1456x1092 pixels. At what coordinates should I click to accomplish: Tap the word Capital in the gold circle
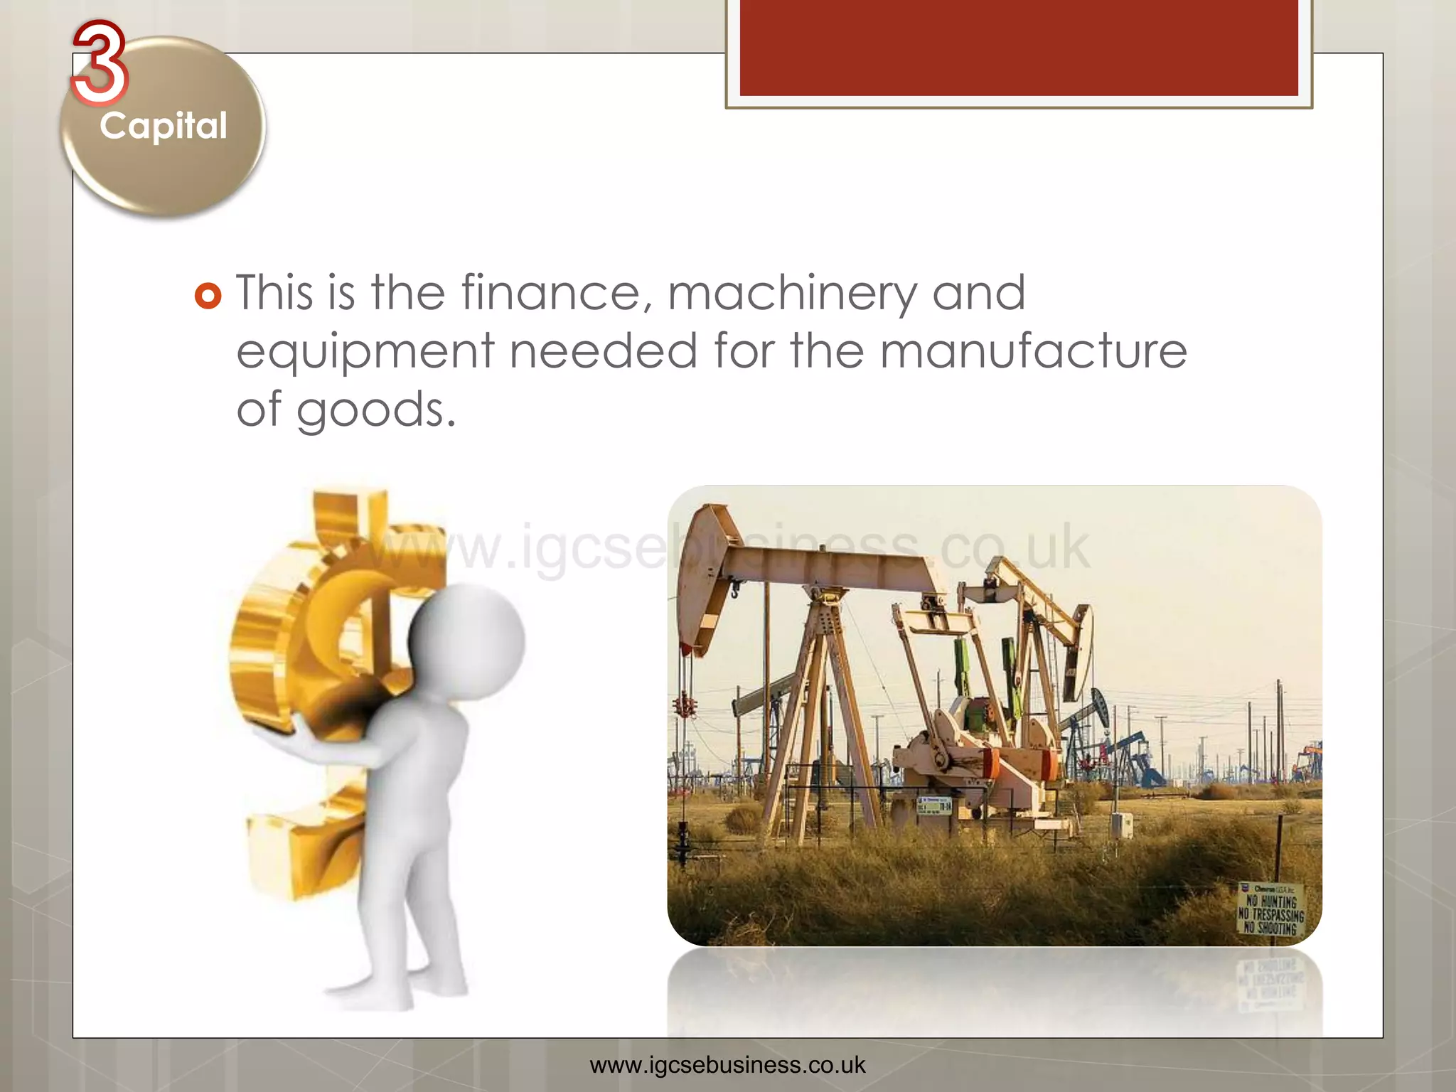(x=164, y=127)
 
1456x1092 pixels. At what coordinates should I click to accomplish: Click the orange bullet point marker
(x=208, y=295)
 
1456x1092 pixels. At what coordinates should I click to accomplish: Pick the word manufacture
(x=1033, y=351)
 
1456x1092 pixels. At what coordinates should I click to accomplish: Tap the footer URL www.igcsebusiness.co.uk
(x=727, y=1065)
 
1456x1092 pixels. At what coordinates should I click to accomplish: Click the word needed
(x=604, y=351)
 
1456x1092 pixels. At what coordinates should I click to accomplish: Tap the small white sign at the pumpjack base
(x=934, y=806)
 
